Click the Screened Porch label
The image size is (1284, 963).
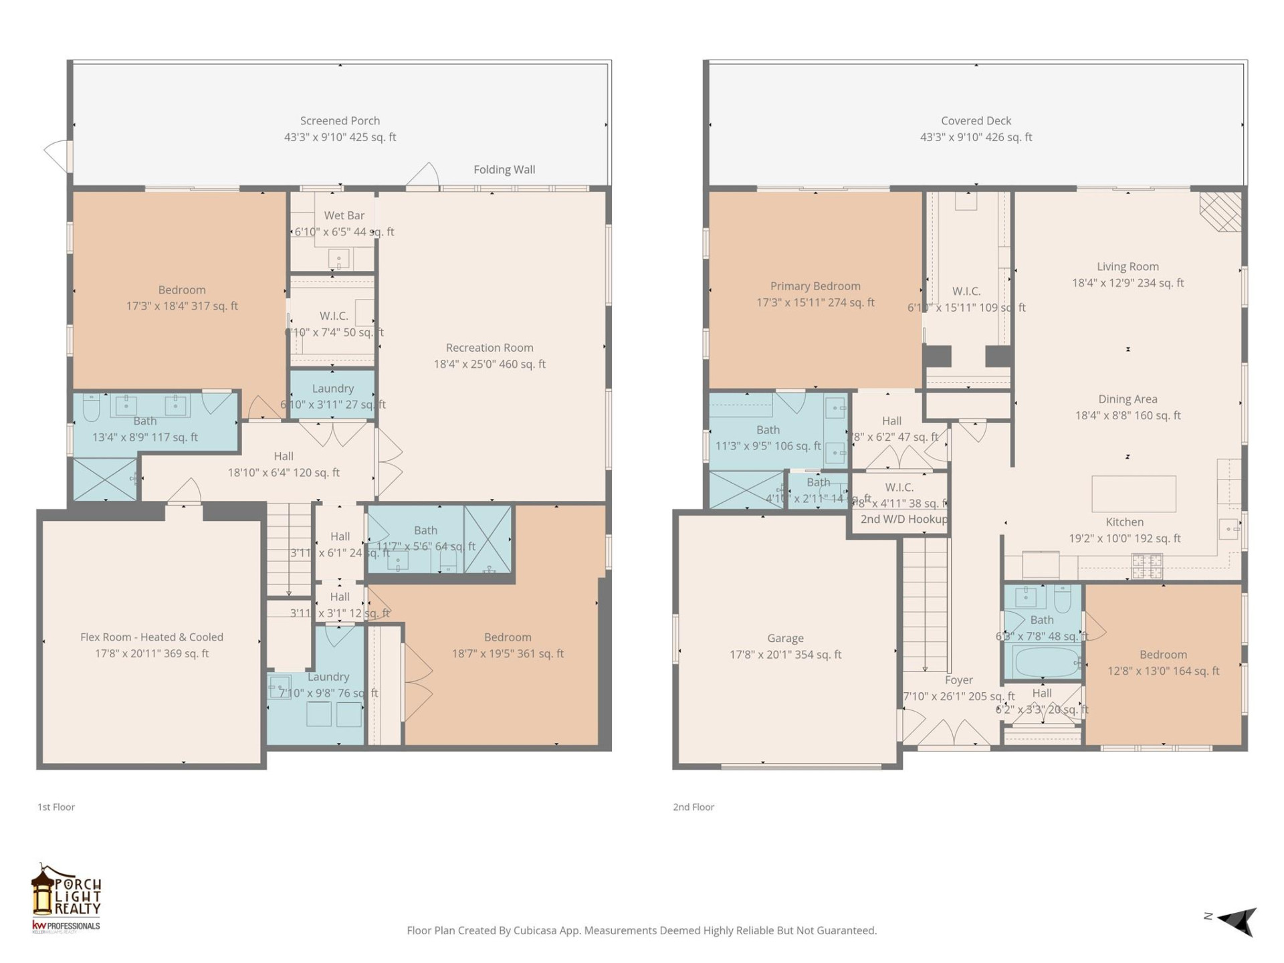340,121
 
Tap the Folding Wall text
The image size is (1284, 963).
504,170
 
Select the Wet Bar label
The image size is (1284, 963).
344,215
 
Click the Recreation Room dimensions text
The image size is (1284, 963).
490,364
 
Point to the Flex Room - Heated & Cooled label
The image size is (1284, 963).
152,637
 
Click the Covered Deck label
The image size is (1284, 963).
976,121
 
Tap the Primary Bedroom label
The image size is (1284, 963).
815,286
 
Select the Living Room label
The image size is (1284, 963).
1128,267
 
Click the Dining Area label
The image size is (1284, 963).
1128,399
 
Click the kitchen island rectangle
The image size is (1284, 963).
1134,494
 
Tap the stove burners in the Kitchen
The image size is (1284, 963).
1146,566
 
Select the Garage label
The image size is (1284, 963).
785,639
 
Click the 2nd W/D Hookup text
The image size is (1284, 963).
903,520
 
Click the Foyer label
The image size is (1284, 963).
958,680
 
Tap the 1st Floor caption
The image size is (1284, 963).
56,807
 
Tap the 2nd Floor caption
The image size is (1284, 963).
693,807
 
